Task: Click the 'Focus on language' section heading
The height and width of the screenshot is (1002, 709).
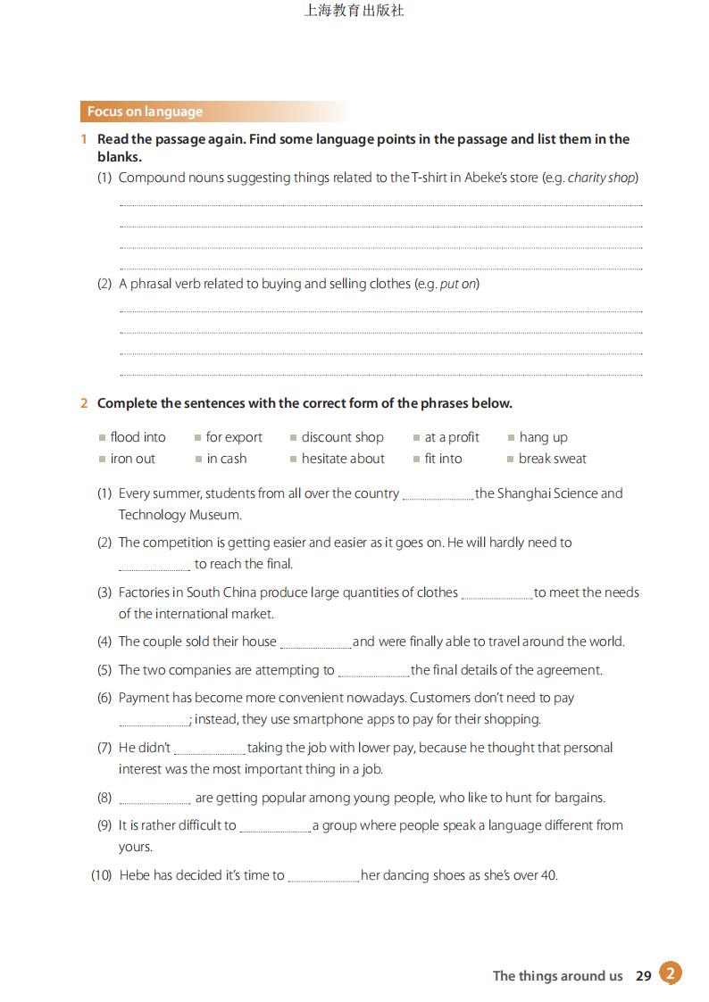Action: point(145,112)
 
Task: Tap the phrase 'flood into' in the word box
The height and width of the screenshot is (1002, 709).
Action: point(138,437)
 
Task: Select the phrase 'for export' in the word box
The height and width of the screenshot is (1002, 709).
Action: point(234,437)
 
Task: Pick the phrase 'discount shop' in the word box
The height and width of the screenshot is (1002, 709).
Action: point(342,437)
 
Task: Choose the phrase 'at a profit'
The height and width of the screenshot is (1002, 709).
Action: point(452,437)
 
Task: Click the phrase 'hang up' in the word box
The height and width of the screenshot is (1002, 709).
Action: point(543,437)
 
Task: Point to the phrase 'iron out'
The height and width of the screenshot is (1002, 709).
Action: point(132,459)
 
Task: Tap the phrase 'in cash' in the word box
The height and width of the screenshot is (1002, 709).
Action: point(226,459)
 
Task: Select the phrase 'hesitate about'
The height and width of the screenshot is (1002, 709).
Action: point(343,459)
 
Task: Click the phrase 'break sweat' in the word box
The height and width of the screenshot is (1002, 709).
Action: point(553,459)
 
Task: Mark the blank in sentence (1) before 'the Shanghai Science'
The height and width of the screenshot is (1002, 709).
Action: point(438,495)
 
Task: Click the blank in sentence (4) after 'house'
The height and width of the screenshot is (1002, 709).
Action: point(315,643)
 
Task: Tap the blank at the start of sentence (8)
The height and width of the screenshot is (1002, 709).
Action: point(154,799)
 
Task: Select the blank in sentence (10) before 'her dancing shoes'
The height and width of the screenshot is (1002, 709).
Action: point(323,877)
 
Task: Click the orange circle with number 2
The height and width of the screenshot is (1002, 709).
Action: point(671,973)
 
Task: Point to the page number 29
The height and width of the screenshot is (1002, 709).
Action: point(644,976)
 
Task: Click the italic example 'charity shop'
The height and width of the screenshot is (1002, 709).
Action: point(601,178)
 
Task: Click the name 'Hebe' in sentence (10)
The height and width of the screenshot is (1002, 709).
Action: point(134,875)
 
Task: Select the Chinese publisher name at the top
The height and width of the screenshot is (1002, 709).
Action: point(354,12)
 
